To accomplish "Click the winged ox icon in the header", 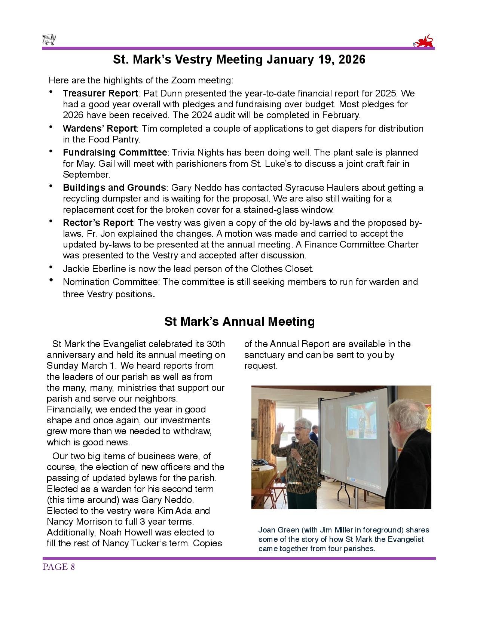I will [49, 40].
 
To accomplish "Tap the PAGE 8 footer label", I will [59, 567].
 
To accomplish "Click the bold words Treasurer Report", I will [100, 93].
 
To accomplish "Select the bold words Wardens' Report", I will [99, 129].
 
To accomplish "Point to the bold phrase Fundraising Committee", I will [114, 153].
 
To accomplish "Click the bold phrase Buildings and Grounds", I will [114, 188].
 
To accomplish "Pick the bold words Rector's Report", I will [97, 223].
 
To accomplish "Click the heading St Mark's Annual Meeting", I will [239, 322].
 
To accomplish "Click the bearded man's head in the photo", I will [403, 418].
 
